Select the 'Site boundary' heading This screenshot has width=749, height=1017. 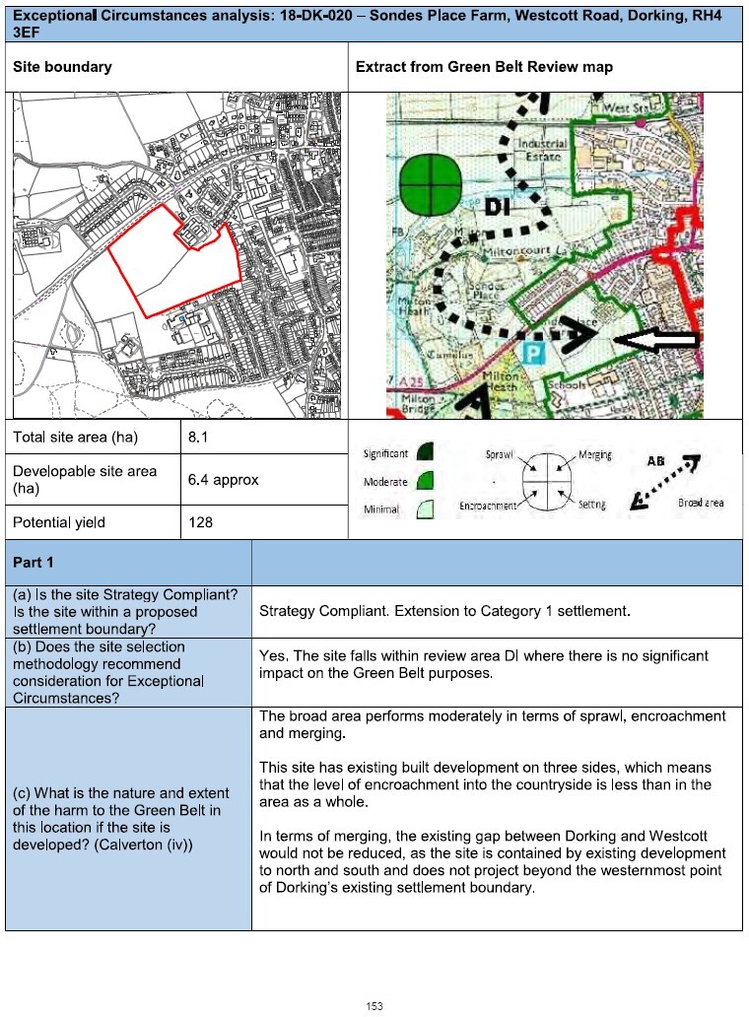(x=62, y=67)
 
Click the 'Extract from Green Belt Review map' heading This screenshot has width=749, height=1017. (x=484, y=67)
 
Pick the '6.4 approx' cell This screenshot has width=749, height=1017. (x=223, y=480)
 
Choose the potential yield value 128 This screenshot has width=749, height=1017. (x=201, y=522)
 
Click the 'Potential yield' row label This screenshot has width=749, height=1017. (x=59, y=522)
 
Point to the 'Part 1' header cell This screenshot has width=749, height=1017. (x=34, y=562)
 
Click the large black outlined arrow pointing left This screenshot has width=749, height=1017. (x=655, y=340)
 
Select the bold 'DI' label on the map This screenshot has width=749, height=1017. (x=500, y=206)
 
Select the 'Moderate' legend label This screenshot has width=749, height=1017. (x=385, y=482)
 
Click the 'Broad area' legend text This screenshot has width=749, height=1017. (x=701, y=503)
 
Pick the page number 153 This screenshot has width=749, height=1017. (x=374, y=1005)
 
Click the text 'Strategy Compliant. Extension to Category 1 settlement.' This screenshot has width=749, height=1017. (x=443, y=611)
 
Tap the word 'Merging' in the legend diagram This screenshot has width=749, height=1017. (x=594, y=455)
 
